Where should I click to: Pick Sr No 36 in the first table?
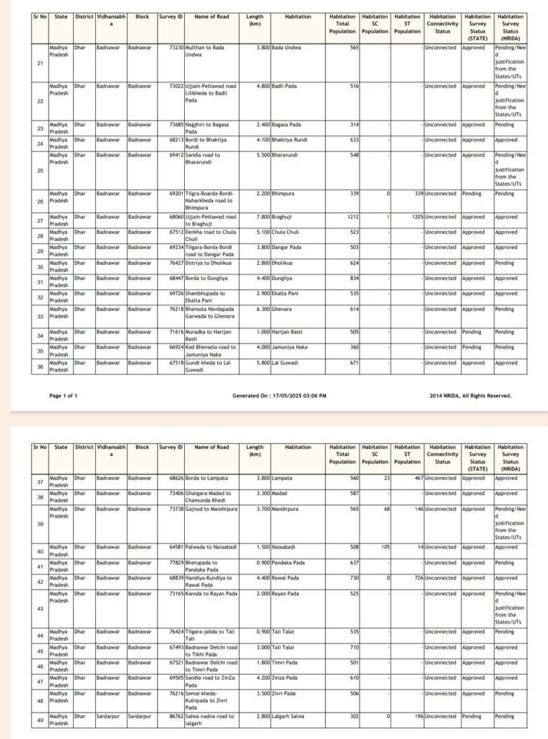point(39,366)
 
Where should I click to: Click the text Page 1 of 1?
point(64,396)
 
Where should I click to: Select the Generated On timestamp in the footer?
point(279,396)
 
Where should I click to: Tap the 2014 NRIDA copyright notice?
point(470,396)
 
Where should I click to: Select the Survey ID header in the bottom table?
point(170,447)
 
